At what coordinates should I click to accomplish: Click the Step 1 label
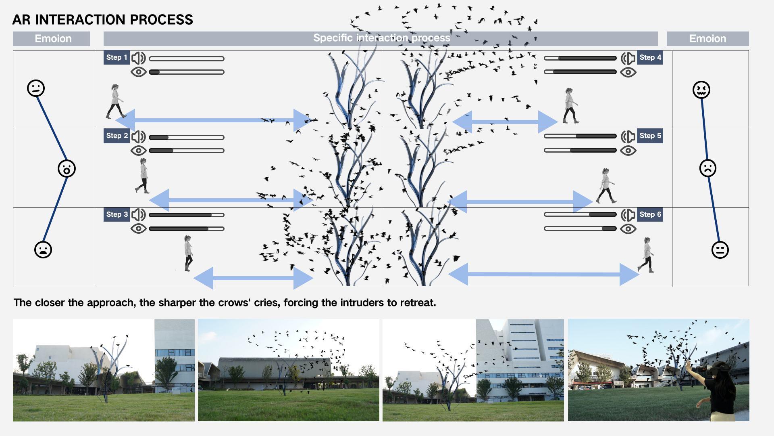coord(117,58)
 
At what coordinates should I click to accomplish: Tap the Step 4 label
coord(650,58)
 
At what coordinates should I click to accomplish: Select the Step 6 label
coord(650,215)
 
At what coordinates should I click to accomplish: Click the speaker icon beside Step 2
coord(139,137)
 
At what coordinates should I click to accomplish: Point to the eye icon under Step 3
coord(139,228)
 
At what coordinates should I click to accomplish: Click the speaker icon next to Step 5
coord(628,136)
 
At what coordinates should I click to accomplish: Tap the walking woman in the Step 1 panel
coord(116,102)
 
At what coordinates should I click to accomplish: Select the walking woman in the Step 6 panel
coord(646,255)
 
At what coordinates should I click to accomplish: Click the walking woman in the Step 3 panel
coord(188,254)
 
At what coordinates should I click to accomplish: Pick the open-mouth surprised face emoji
coord(67,168)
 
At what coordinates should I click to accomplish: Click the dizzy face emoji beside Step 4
coord(701,90)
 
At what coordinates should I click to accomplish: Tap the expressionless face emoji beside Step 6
coord(720,250)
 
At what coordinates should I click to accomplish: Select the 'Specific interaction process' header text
coord(381,38)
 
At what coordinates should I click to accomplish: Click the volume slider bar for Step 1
coord(187,59)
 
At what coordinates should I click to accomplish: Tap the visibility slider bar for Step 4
coord(580,72)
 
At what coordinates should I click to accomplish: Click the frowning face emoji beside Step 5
coord(707,168)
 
